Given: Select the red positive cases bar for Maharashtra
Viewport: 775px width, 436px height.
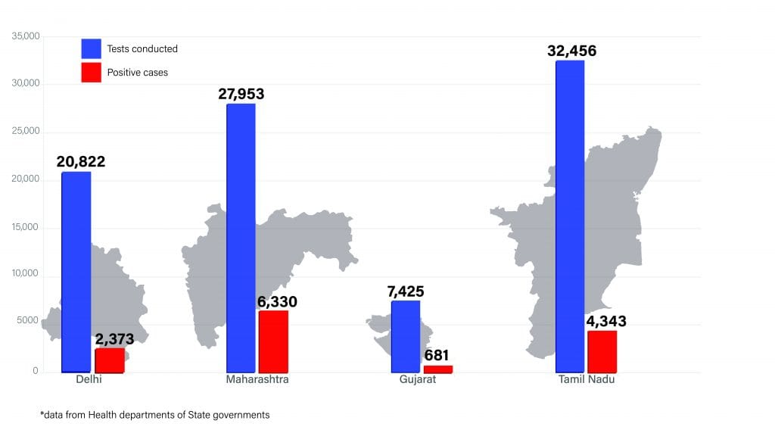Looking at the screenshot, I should pyautogui.click(x=273, y=341).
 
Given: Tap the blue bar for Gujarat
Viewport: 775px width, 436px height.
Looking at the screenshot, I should pyautogui.click(x=405, y=336).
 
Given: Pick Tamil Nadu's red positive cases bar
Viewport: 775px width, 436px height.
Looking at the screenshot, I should pyautogui.click(x=602, y=351).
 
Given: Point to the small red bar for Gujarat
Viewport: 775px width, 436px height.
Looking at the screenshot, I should pyautogui.click(x=438, y=369).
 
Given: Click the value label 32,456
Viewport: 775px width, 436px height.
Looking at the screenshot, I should pyautogui.click(x=571, y=51).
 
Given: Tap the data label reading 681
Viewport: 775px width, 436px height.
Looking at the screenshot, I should pyautogui.click(x=436, y=355).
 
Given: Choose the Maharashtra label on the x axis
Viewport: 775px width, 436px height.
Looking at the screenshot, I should pyautogui.click(x=257, y=379).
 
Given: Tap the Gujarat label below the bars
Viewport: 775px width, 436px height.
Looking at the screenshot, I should pyautogui.click(x=418, y=379).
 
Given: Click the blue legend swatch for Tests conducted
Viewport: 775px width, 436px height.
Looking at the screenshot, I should pyautogui.click(x=91, y=48).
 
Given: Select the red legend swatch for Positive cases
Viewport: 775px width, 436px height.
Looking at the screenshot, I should pyautogui.click(x=91, y=73).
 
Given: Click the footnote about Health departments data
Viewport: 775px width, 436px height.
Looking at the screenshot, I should pyautogui.click(x=154, y=415).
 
